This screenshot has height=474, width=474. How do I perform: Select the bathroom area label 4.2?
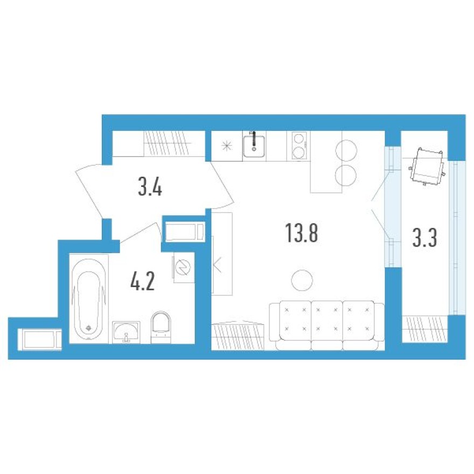142,282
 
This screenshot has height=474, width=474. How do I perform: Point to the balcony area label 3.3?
424,238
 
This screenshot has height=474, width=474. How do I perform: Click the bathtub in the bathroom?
89,299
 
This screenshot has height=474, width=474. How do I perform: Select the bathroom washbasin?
127,331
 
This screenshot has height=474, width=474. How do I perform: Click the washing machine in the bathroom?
182,268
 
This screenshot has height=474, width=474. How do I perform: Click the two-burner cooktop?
298,145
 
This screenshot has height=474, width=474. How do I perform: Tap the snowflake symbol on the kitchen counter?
227,145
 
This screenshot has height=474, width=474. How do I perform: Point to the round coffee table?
301,279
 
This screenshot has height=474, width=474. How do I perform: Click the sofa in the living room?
326,325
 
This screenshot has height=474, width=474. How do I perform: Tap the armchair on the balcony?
427,166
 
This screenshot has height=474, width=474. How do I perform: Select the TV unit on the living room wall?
221,253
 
